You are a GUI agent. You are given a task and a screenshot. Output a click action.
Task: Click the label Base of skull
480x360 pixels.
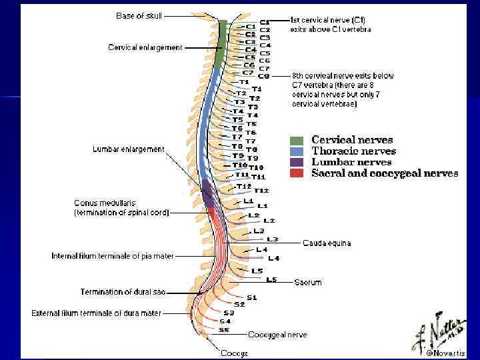click(x=139, y=15)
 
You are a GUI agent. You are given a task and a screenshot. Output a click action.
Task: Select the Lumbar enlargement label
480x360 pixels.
click(x=128, y=149)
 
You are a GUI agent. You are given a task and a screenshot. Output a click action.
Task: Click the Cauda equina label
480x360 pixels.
click(x=327, y=243)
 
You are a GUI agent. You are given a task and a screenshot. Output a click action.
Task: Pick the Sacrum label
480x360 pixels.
click(x=308, y=283)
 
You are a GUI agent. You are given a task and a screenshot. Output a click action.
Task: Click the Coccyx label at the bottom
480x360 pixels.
click(x=235, y=353)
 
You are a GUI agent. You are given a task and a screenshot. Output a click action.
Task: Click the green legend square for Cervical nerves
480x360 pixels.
click(x=297, y=141)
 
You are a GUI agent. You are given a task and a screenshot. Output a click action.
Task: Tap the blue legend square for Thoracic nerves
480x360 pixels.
click(x=297, y=151)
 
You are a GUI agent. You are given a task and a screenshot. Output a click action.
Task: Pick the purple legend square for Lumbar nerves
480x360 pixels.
click(x=297, y=162)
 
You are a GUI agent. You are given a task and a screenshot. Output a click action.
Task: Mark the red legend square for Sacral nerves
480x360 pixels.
click(x=297, y=173)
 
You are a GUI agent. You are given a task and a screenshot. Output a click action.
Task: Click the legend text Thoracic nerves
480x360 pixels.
click(x=353, y=151)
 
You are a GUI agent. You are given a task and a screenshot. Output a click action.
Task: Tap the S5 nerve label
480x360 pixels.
click(x=225, y=329)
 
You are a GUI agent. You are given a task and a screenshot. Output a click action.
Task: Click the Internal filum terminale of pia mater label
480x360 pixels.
click(x=113, y=256)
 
